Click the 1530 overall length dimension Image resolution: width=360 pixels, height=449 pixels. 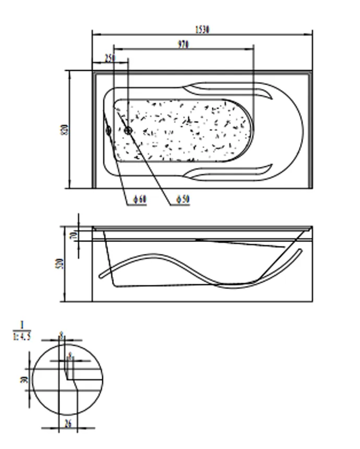pos(202,30)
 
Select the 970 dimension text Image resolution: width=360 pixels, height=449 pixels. pos(183,45)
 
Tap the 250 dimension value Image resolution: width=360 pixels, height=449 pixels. pos(110,58)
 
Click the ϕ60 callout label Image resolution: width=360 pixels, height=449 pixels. pos(139,200)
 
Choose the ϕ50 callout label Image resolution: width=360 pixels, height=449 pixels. pos(182,200)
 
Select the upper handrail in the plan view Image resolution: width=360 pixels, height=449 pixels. pos(230,91)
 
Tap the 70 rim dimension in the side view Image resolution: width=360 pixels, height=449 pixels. pos(74,235)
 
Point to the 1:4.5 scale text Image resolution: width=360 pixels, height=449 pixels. pos(21,336)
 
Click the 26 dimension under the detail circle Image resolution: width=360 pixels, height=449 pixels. pos(68,424)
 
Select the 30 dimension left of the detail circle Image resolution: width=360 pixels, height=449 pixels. pos(23,379)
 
